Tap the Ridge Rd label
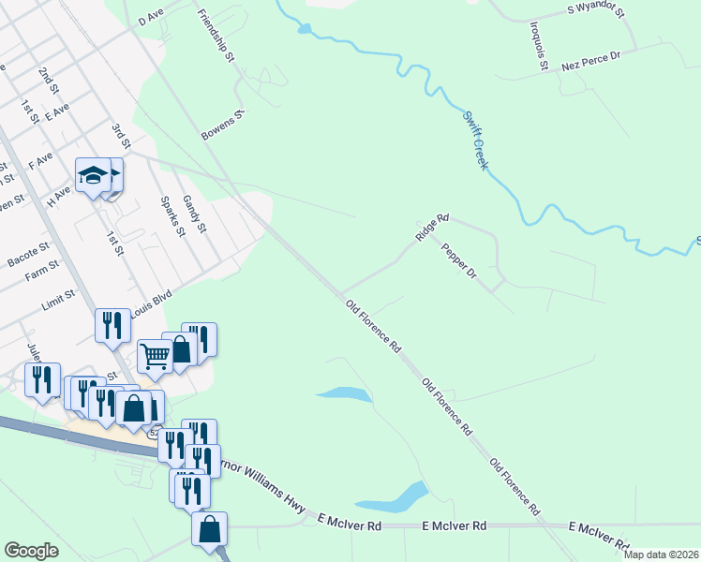[433, 230]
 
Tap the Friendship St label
[215, 37]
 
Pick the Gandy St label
[195, 214]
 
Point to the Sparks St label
[170, 216]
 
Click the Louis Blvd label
[153, 305]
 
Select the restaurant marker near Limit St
[112, 326]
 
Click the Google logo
[32, 551]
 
